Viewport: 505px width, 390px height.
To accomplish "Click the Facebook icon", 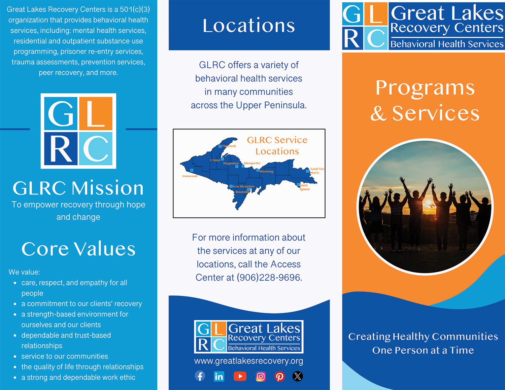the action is pyautogui.click(x=200, y=376).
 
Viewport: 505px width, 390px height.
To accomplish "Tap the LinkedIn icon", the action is pyautogui.click(x=219, y=376).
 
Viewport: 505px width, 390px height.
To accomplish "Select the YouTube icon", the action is pyautogui.click(x=240, y=376).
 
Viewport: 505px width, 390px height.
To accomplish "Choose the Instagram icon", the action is pyautogui.click(x=261, y=376).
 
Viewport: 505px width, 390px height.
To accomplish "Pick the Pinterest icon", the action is pyautogui.click(x=279, y=376).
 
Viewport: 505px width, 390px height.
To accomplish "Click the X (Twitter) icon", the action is pyautogui.click(x=298, y=376).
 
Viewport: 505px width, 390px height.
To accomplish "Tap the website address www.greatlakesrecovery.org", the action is pyautogui.click(x=249, y=361).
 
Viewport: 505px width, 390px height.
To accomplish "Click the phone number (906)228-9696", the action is pyautogui.click(x=269, y=277).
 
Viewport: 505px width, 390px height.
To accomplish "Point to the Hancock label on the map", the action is pyautogui.click(x=229, y=146).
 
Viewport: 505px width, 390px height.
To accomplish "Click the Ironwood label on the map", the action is pyautogui.click(x=190, y=176).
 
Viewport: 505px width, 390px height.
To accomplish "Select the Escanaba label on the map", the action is pyautogui.click(x=242, y=192).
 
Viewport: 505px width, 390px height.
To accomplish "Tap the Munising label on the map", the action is pyautogui.click(x=266, y=171).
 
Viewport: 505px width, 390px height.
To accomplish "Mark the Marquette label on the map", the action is pyautogui.click(x=252, y=163).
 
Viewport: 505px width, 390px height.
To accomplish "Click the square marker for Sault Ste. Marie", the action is pyautogui.click(x=307, y=171).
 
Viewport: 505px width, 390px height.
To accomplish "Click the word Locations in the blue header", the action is pyautogui.click(x=249, y=25).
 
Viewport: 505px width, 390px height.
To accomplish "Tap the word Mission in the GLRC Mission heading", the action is pyautogui.click(x=108, y=188).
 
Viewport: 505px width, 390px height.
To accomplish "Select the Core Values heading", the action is pyautogui.click(x=78, y=249).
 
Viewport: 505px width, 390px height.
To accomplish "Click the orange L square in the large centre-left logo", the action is pyautogui.click(x=96, y=113).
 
